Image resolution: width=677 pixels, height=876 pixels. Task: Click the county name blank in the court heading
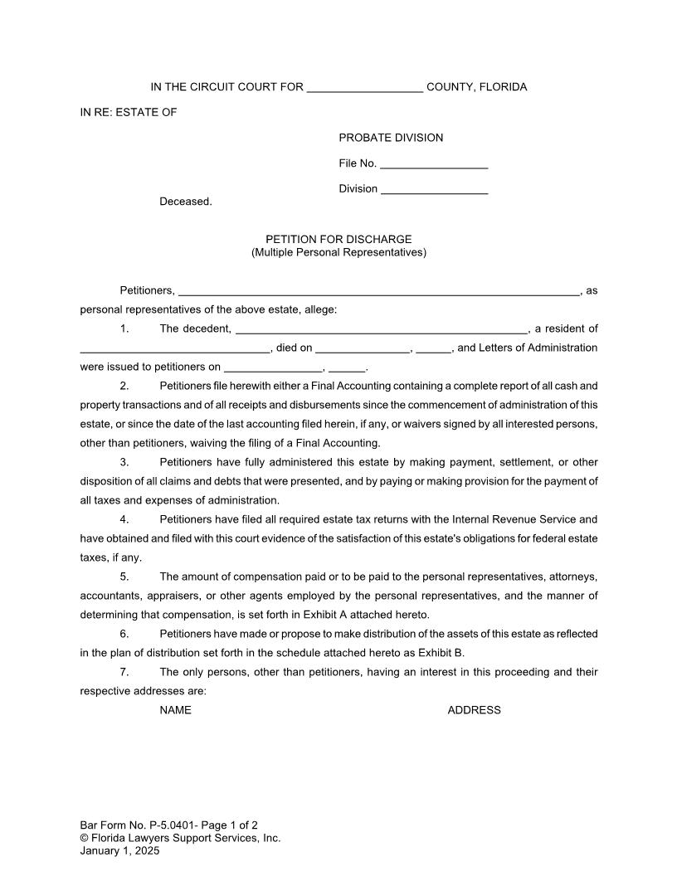click(x=365, y=89)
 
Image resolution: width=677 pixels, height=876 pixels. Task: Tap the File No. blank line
click(x=434, y=164)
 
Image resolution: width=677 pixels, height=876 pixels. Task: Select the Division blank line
click(x=434, y=190)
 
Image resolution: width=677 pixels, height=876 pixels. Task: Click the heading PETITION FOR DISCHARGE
click(x=338, y=240)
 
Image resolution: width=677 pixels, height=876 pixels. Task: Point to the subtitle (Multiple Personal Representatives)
click(x=338, y=252)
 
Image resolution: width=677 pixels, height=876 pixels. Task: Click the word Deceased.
click(x=186, y=202)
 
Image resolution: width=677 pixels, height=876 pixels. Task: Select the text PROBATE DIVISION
click(x=391, y=138)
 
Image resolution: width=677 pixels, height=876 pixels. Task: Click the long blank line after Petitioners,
click(x=379, y=292)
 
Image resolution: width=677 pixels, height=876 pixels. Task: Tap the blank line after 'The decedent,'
click(x=382, y=330)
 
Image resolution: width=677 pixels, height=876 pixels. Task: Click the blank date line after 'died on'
click(x=363, y=349)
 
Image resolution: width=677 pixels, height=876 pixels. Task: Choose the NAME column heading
click(x=175, y=710)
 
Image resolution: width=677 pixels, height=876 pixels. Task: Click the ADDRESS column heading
click(x=474, y=710)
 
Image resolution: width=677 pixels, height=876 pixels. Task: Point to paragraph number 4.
click(x=124, y=520)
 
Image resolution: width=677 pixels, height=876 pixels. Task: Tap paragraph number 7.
click(x=124, y=672)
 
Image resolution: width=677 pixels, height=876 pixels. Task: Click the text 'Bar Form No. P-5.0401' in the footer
click(x=139, y=825)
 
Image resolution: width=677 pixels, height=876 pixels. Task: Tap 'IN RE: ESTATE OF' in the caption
click(x=129, y=113)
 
